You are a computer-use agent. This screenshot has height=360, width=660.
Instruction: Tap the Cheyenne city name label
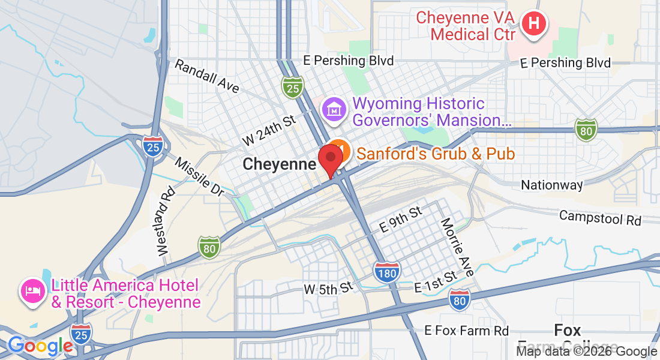(279, 164)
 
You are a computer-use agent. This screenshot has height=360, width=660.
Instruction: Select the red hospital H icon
(533, 25)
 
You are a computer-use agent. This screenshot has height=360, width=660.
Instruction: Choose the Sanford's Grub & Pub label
(436, 154)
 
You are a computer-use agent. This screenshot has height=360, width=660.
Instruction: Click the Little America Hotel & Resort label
(126, 293)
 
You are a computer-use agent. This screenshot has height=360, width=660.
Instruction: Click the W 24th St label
(270, 131)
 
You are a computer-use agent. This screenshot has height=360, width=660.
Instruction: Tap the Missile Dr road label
(199, 177)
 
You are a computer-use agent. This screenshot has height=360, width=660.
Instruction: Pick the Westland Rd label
(166, 222)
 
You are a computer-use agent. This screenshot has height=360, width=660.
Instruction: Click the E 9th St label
(401, 220)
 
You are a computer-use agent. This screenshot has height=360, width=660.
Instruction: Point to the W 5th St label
(328, 289)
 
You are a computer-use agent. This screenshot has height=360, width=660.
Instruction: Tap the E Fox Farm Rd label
(466, 331)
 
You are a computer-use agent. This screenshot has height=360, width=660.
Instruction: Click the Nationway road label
(551, 185)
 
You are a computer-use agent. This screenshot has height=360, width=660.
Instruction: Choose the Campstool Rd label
(600, 217)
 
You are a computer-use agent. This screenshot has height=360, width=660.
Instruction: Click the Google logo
(40, 346)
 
